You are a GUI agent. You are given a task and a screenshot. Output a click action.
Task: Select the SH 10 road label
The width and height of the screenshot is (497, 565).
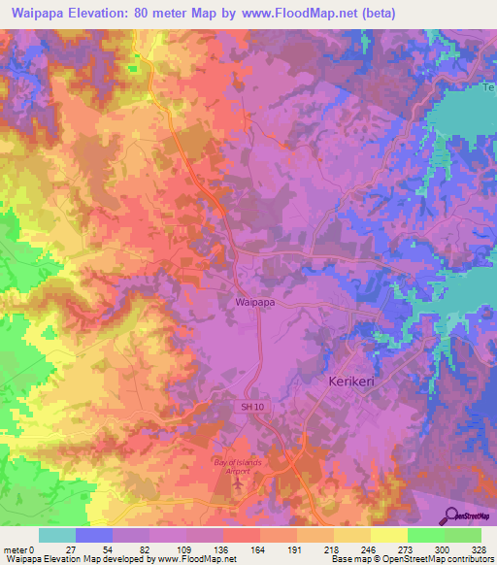pos(251,406)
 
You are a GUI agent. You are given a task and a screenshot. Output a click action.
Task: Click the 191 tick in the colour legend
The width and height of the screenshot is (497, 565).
pos(290,549)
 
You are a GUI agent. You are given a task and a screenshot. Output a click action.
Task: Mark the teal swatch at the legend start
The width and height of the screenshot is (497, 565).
pos(56,535)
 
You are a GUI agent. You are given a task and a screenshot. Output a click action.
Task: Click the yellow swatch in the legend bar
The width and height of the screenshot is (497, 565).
pos(388,535)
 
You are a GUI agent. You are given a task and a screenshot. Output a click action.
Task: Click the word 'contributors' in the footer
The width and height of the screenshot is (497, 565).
pos(471,559)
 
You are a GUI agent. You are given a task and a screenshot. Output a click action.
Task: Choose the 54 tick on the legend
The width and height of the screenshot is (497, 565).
pos(108,549)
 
